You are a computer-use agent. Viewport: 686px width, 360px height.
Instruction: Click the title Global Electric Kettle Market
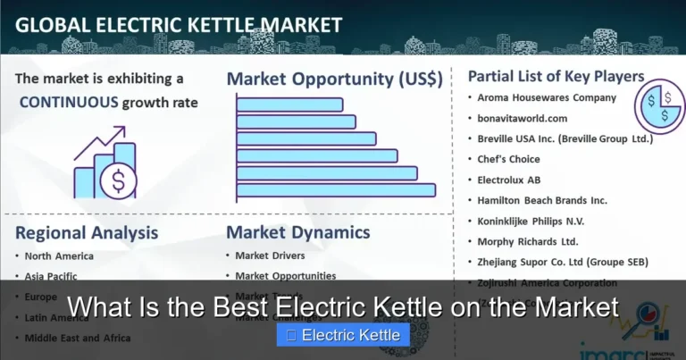[179, 24]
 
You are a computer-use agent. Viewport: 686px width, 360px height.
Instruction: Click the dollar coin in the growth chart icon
[118, 182]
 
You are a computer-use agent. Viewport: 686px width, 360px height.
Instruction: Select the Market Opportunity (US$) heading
[334, 78]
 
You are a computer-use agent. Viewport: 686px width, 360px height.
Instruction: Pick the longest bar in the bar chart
[336, 189]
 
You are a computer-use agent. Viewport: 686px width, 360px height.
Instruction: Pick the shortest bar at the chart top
[289, 105]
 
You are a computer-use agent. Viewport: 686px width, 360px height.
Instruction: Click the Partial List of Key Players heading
[556, 76]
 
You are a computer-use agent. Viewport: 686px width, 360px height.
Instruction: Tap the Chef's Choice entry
[509, 159]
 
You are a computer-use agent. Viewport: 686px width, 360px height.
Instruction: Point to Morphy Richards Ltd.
[528, 241]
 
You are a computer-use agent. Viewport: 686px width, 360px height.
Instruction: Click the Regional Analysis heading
[87, 233]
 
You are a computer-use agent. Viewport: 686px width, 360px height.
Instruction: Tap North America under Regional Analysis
[61, 256]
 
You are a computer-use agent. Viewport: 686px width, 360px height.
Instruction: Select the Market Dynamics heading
[297, 233]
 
